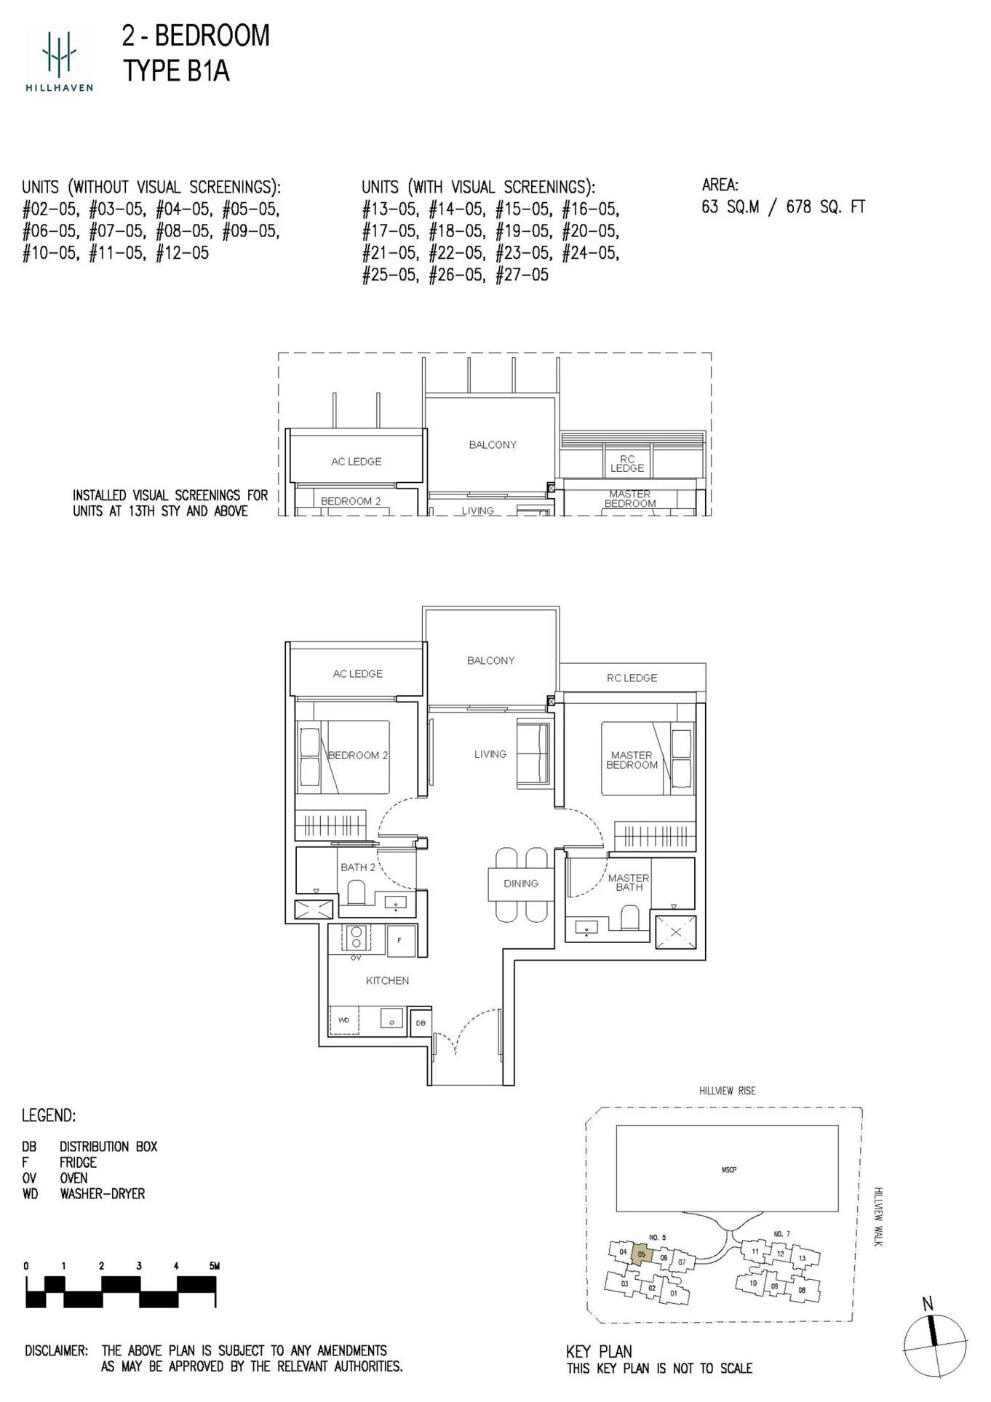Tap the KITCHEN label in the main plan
[x=387, y=980]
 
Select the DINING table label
[x=521, y=884]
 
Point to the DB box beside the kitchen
[x=421, y=1023]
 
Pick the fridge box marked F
[x=400, y=941]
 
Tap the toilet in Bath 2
[x=357, y=892]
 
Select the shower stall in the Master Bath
[x=676, y=932]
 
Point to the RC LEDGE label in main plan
[x=632, y=678]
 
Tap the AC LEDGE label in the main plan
[x=357, y=674]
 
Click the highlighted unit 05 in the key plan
[x=641, y=1254]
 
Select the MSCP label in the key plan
[x=728, y=1170]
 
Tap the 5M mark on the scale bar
[x=214, y=1266]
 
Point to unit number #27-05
[x=522, y=276]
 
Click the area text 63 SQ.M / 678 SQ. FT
[x=783, y=207]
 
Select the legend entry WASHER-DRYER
[x=102, y=1194]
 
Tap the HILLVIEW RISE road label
[x=727, y=1091]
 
